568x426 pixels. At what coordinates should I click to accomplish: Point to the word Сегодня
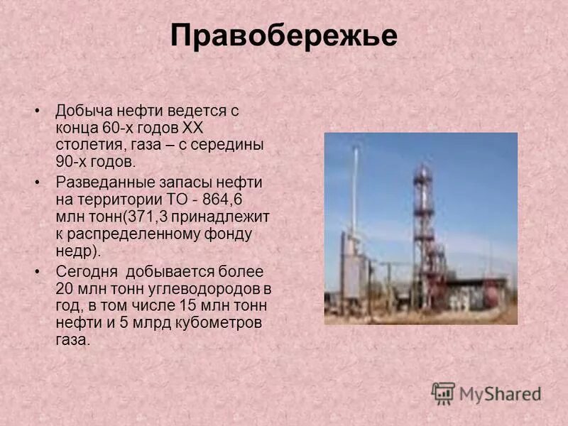(x=84, y=271)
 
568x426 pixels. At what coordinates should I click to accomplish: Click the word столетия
(x=84, y=146)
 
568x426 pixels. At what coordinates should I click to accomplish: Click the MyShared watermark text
(x=500, y=393)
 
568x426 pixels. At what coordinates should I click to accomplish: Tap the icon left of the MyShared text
(x=443, y=393)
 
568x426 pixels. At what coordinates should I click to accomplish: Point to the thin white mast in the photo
(x=356, y=199)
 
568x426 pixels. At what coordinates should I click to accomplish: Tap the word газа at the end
(x=72, y=340)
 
